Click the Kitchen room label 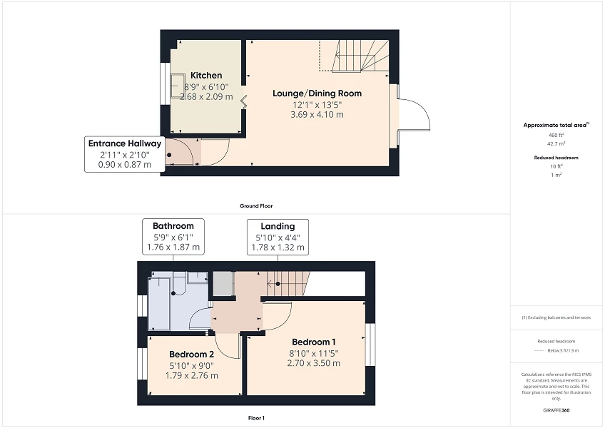206,76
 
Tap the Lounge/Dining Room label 317,93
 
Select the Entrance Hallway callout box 125,153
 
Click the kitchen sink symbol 176,85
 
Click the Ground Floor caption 256,206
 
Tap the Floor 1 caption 256,418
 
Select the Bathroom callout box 172,237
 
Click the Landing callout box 278,237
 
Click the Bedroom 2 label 191,355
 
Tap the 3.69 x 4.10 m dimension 317,114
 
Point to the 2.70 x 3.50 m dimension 313,363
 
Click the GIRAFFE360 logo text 556,411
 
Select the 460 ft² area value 556,135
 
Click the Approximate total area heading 556,125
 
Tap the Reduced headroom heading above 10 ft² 556,157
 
